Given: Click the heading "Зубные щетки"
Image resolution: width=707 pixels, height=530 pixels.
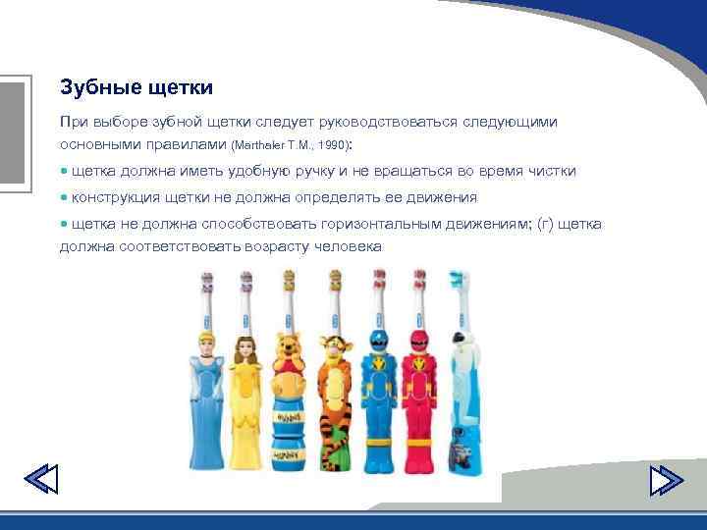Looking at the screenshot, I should pos(136,87).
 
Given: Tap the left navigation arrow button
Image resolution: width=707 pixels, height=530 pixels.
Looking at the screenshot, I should pos(40,480).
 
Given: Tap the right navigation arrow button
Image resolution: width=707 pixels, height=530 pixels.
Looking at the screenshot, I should pos(667,480).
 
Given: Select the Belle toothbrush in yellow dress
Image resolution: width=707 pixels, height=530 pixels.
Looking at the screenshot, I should pos(245,393).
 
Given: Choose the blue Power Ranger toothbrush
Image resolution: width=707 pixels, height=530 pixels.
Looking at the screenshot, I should pos(376,393).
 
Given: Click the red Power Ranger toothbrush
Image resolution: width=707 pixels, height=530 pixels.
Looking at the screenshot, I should pos(419,393).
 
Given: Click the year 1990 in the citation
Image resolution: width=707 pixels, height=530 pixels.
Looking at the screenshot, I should pos(330,145).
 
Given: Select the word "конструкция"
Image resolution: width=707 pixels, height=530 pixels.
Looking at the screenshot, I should pos(114,197).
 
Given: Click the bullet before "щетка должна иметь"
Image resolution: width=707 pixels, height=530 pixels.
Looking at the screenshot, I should pos(64,171).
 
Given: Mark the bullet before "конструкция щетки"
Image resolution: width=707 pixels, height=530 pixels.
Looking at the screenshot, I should pos(64,197).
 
